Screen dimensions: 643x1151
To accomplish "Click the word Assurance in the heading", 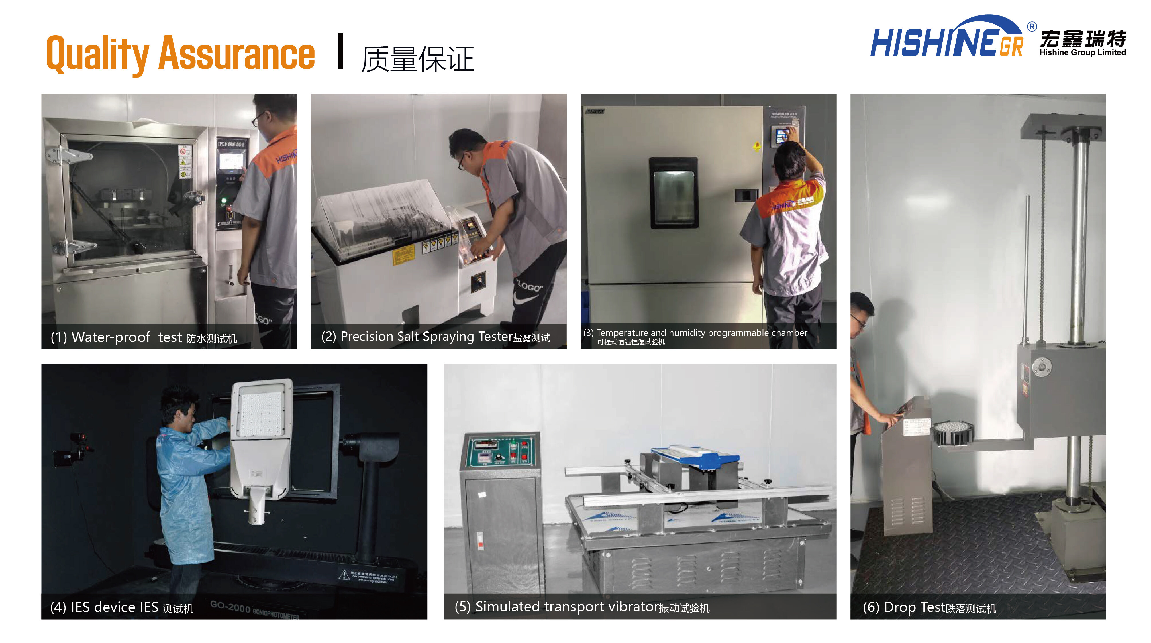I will (237, 54).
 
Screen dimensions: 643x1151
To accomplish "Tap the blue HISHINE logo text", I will (934, 43).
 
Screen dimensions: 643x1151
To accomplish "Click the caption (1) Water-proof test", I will (143, 337).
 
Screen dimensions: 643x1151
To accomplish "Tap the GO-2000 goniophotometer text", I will (255, 610).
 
